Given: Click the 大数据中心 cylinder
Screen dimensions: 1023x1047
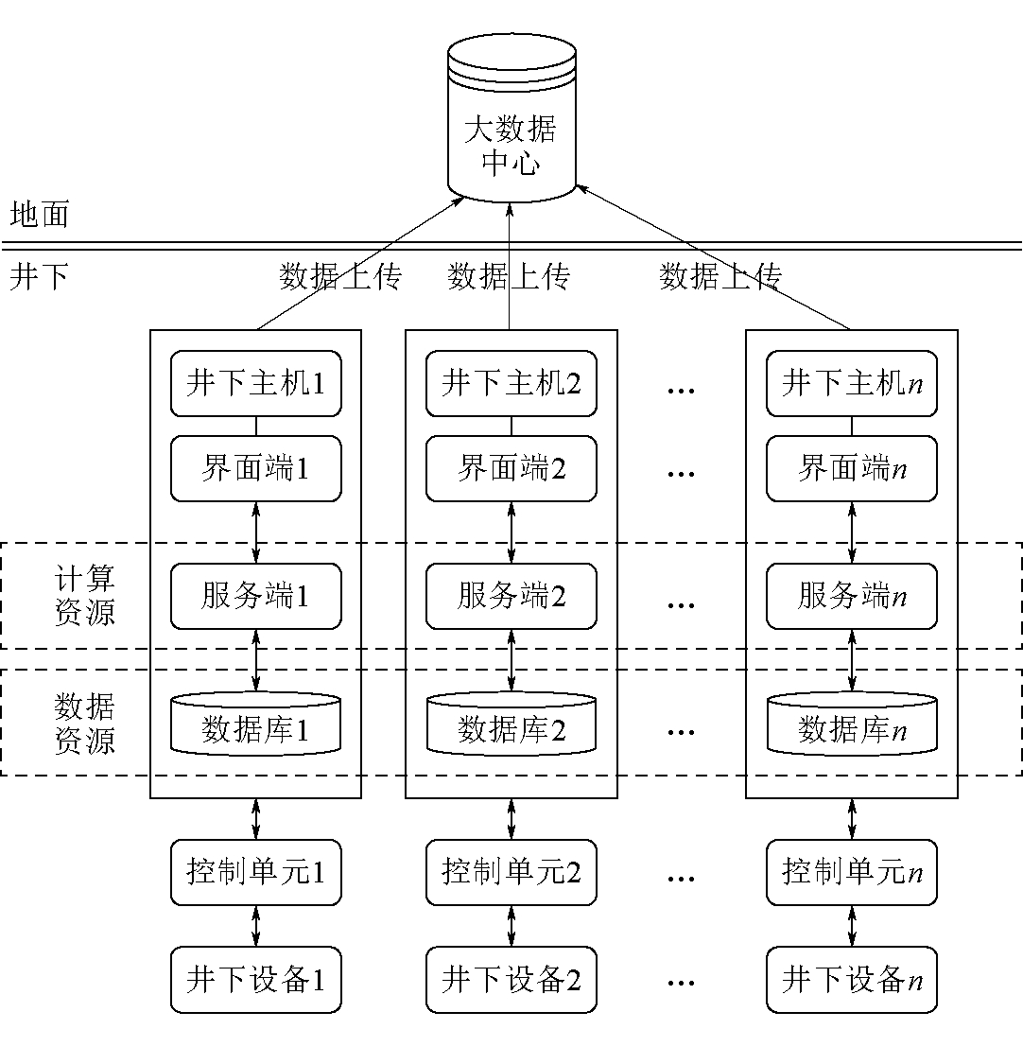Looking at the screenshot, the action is tap(511, 118).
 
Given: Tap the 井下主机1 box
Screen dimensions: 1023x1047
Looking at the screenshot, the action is tap(255, 383).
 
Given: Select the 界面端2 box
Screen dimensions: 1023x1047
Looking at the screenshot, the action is tap(511, 469).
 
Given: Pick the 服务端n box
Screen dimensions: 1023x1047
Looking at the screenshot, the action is tap(852, 596).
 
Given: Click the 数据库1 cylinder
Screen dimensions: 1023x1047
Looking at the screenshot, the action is tap(255, 724).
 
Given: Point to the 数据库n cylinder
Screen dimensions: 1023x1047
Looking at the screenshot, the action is tap(852, 724).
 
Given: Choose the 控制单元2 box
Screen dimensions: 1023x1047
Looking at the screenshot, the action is tap(511, 873).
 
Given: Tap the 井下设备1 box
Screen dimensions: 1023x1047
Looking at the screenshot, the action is tap(255, 980).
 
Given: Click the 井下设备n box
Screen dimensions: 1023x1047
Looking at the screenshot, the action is tap(852, 980).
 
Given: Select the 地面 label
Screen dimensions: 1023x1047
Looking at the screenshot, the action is tap(40, 215).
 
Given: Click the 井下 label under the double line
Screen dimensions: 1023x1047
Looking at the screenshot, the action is tap(40, 276).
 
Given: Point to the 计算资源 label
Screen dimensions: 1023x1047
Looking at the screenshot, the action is tap(85, 595).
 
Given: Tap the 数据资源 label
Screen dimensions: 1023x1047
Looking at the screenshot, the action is tap(85, 724).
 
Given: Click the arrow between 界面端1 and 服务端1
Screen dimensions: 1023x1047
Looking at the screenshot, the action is tap(255, 532).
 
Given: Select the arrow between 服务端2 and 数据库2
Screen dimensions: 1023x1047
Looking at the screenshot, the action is tap(511, 660).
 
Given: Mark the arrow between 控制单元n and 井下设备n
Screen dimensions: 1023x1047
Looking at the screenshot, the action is tap(852, 926).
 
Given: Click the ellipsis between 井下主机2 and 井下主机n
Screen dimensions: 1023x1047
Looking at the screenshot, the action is tap(681, 391).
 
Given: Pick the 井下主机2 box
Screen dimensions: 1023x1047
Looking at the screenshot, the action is tap(511, 383).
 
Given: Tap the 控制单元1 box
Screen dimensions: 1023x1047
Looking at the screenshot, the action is tap(255, 873).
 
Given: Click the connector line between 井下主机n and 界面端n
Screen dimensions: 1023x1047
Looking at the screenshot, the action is tap(852, 427).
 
